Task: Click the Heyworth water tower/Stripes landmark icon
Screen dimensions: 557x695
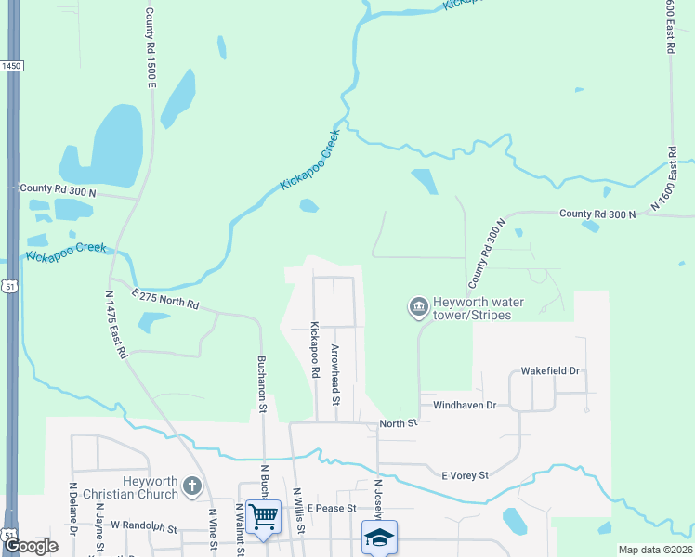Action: [418, 305]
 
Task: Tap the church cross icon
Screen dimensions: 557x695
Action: [192, 486]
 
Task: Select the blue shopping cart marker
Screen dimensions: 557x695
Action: [264, 515]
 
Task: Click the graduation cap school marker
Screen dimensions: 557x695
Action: [378, 537]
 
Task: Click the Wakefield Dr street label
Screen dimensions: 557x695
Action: [550, 370]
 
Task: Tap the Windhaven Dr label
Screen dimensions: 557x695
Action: [465, 406]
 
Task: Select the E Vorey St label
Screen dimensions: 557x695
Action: [465, 475]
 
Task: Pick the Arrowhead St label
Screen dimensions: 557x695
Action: [336, 375]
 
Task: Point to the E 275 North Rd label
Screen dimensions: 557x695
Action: [165, 299]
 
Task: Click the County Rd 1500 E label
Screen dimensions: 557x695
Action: [150, 48]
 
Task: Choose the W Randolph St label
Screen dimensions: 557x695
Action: [143, 526]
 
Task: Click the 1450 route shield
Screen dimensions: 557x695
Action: [10, 66]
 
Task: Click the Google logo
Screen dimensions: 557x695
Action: [31, 546]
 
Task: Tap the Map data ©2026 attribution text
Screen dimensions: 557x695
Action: [654, 550]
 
